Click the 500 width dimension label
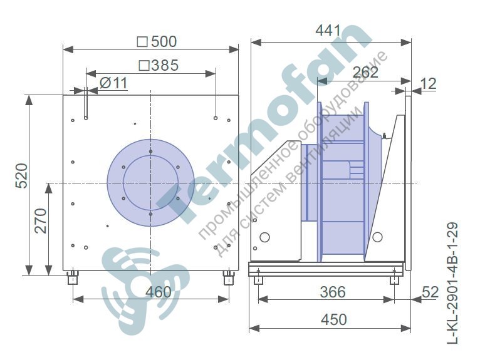click(x=157, y=41)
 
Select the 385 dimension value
click(x=159, y=65)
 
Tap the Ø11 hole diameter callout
click(x=113, y=83)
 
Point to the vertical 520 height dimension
click(x=22, y=176)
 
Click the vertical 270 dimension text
click(x=40, y=221)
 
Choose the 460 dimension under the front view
click(x=159, y=292)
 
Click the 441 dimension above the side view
click(x=328, y=31)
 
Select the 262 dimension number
click(x=365, y=73)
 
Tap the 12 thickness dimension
click(x=429, y=83)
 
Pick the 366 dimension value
click(x=333, y=292)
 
